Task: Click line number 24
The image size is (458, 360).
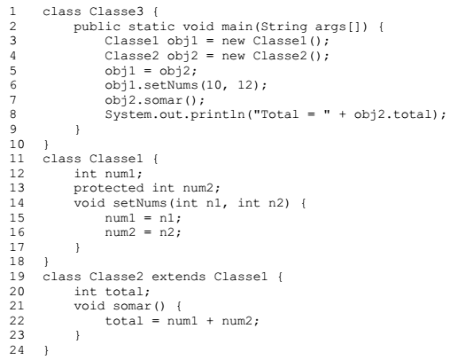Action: coord(17,350)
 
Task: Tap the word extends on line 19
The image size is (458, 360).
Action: coord(178,277)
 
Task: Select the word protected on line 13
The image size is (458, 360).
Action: coord(109,189)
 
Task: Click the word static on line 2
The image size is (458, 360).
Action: coord(151,27)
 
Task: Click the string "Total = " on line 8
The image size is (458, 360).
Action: coord(291,114)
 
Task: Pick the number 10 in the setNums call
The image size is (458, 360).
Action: coord(213,85)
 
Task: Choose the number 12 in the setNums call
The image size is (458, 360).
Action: coord(245,85)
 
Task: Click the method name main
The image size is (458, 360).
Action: coord(237,27)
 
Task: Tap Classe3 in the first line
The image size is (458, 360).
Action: coord(116,12)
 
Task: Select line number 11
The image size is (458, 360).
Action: coord(17,159)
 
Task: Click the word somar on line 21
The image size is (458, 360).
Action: coord(131,306)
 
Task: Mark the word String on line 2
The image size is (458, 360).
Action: coord(283,27)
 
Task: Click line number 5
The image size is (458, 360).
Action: coord(13,71)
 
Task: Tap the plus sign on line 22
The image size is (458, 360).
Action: coord(210,321)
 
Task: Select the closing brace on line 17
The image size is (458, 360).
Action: coord(77,247)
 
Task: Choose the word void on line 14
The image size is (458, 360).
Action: coord(89,203)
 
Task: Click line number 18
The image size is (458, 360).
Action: coord(17,262)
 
